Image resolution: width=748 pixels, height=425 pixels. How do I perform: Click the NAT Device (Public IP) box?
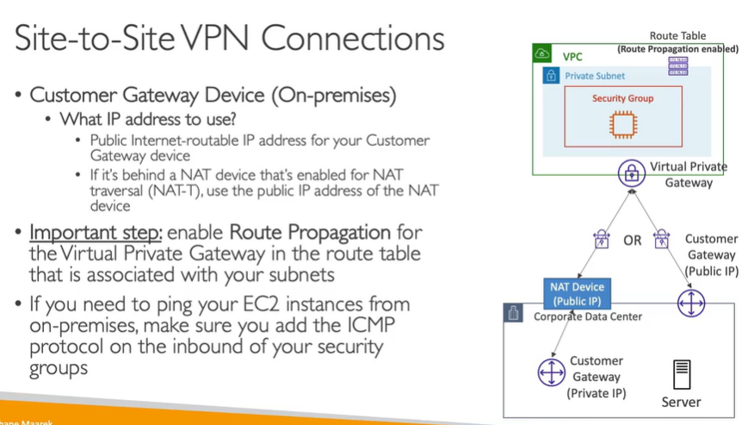pos(577,293)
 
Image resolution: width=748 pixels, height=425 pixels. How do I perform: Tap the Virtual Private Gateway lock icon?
pos(632,173)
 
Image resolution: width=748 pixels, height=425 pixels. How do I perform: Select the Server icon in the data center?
pos(681,375)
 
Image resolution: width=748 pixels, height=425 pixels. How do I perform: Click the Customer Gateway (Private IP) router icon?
pos(551,372)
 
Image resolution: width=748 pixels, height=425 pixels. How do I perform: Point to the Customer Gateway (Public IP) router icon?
pos(690,303)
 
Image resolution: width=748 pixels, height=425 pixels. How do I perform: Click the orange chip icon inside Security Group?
pos(622,125)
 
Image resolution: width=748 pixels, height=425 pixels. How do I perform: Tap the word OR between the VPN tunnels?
pos(633,241)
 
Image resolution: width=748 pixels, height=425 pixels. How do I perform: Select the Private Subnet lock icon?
pos(551,76)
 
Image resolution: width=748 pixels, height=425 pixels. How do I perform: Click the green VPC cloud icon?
pos(542,53)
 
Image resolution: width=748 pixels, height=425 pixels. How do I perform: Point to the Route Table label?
pos(677,36)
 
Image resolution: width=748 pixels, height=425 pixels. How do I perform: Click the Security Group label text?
pos(622,98)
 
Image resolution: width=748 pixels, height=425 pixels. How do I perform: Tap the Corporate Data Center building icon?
pos(514,314)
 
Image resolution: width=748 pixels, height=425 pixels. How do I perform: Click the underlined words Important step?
pos(95,233)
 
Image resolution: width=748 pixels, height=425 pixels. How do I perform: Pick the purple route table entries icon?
pos(678,66)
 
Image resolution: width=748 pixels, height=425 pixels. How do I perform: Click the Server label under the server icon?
pos(681,402)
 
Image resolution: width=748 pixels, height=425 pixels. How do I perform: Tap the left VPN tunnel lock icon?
pos(601,239)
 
